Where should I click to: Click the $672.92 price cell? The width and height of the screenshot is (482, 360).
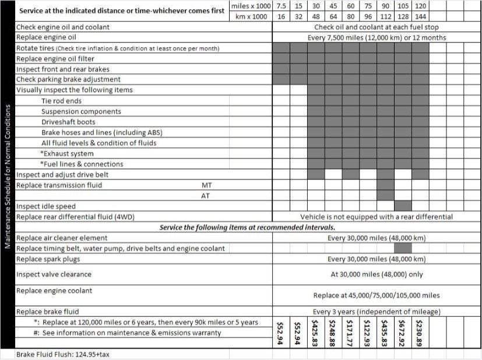[x=403, y=333]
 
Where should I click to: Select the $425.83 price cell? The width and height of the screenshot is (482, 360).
[x=316, y=333]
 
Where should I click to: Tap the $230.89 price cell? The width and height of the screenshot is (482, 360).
[x=421, y=333]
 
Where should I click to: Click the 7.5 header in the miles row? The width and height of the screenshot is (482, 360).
[x=282, y=6]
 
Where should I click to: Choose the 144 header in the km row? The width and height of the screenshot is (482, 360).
[x=421, y=16]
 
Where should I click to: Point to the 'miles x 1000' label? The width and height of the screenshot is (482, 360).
[x=251, y=6]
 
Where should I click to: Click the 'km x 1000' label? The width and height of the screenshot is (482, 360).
[x=252, y=16]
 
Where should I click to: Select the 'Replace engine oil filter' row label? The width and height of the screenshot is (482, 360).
[x=55, y=59]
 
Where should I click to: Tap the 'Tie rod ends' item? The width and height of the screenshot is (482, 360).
[x=61, y=101]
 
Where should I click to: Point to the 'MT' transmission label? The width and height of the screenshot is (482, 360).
[x=206, y=185]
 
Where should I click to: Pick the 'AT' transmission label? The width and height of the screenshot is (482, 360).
[x=206, y=196]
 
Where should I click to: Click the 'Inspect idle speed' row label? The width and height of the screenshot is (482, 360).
[x=45, y=206]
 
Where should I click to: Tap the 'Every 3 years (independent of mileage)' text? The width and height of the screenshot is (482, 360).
[x=377, y=312]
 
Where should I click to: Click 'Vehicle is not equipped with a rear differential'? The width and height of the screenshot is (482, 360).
[x=377, y=217]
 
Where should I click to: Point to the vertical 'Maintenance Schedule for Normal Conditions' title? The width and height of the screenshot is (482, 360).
[x=8, y=177]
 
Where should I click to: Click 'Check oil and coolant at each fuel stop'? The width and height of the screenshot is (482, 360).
[x=377, y=27]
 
